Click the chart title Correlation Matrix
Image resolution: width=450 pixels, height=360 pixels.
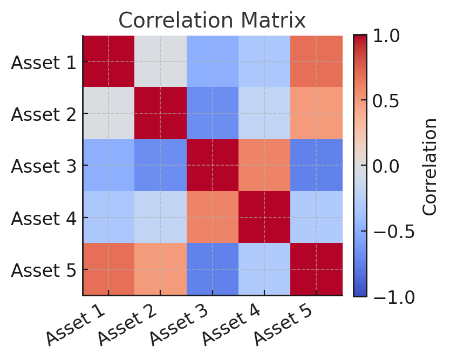click(x=212, y=21)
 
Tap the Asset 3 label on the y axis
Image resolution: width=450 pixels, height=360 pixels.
click(x=43, y=166)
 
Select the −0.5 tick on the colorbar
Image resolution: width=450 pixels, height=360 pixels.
click(x=391, y=231)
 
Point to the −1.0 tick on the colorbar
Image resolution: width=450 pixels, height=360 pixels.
click(x=391, y=296)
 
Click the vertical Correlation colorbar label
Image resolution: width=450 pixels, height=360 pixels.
click(x=429, y=166)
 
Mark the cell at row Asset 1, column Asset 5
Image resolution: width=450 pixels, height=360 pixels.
click(x=316, y=62)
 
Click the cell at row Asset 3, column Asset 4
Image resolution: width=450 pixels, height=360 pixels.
click(x=264, y=166)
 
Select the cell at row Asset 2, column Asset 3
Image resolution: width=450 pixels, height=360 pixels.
click(x=212, y=113)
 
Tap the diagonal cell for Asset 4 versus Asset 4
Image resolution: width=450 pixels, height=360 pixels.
click(x=264, y=218)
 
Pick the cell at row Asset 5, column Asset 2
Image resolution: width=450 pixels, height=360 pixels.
click(x=160, y=269)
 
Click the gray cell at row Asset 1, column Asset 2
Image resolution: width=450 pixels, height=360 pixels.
click(x=160, y=62)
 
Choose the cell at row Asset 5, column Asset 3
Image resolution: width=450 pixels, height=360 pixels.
click(x=212, y=269)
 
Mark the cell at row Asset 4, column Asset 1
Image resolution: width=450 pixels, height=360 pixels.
click(x=108, y=218)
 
